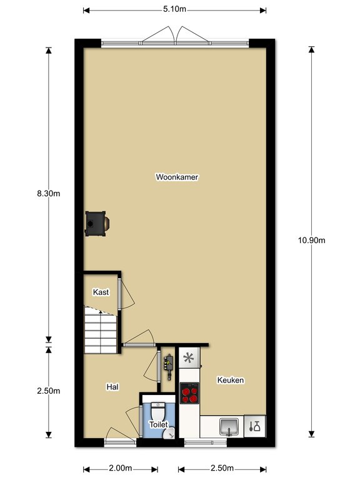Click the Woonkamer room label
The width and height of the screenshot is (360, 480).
177,177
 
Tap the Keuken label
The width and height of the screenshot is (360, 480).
231,380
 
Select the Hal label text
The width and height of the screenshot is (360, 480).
112,387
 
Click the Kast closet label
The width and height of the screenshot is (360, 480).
101,292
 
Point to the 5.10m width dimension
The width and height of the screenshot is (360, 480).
174,9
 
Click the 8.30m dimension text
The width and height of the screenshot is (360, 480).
48,194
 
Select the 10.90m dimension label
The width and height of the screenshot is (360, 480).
312,241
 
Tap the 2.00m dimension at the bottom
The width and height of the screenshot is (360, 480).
120,468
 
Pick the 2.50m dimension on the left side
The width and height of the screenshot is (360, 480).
48,391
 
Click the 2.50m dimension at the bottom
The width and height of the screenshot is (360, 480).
222,468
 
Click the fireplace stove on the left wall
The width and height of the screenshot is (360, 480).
97,224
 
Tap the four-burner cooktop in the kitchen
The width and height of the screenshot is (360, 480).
189,393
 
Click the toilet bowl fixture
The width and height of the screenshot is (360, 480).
158,412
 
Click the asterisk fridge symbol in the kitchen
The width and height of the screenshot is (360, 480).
189,357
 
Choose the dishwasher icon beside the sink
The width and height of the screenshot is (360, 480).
255,426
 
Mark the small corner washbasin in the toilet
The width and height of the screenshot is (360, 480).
169,433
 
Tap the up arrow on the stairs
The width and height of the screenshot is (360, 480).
101,312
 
